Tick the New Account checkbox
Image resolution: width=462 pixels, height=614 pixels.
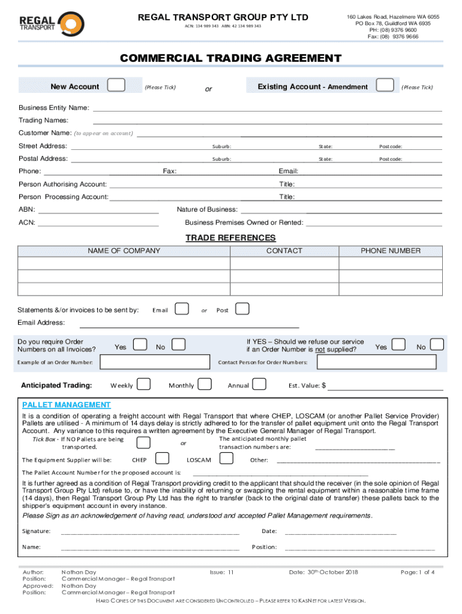click(x=116, y=86)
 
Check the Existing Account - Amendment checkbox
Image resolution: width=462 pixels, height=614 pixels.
click(x=385, y=86)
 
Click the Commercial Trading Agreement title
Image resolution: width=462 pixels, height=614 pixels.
click(x=230, y=58)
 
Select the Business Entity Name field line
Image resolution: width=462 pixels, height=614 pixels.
click(x=266, y=109)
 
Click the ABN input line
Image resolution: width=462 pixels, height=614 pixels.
click(x=98, y=210)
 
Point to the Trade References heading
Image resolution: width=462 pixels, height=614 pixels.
click(x=230, y=238)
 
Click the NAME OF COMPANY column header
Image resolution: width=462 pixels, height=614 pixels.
click(x=124, y=251)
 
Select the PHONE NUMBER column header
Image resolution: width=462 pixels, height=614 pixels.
click(x=390, y=251)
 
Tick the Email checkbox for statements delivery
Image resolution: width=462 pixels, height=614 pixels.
click(x=181, y=309)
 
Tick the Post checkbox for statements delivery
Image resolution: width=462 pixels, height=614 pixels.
click(x=242, y=309)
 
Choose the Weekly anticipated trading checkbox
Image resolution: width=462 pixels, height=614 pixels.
click(x=143, y=384)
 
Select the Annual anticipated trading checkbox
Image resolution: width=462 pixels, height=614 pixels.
click(x=260, y=384)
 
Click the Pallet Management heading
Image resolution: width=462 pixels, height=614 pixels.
click(x=67, y=405)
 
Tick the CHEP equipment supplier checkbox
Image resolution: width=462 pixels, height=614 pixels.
click(x=162, y=459)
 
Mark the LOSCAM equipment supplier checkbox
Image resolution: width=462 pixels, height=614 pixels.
click(x=226, y=459)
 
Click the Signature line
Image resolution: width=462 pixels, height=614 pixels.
click(x=150, y=531)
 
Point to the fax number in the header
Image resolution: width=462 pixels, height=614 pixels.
click(x=393, y=37)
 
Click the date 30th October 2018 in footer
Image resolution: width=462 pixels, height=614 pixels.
click(x=323, y=572)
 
